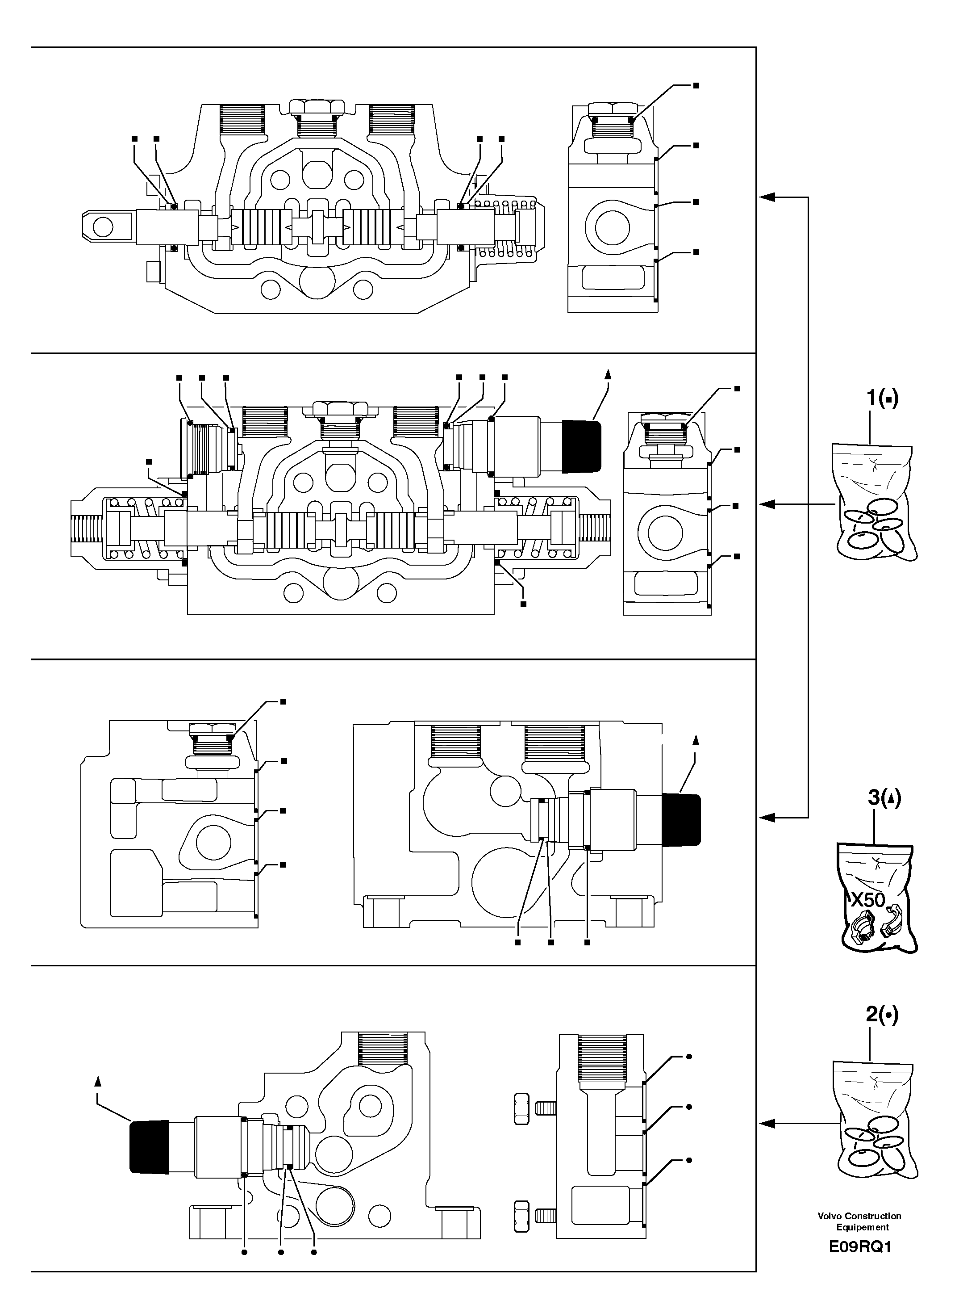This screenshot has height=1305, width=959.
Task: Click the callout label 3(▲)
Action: point(884,798)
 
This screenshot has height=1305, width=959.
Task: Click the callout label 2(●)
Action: point(881,1015)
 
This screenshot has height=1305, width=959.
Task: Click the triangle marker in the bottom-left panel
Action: point(97,1080)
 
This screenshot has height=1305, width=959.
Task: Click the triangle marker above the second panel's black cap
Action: point(608,374)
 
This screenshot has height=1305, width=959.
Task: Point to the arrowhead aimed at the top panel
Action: point(767,197)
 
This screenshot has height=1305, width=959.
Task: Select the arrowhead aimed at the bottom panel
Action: point(767,1125)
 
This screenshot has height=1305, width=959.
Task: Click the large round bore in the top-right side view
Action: point(607,225)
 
